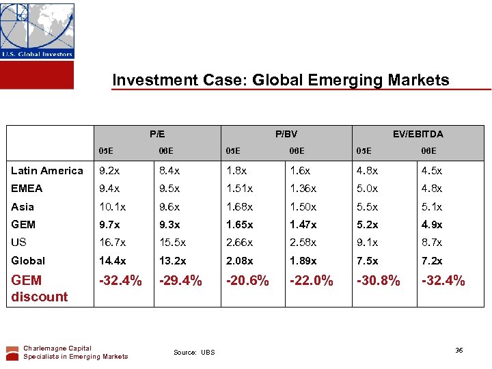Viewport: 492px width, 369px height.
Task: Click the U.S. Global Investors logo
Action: (x=37, y=31)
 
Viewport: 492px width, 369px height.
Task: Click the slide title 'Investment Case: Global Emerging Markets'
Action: (x=281, y=80)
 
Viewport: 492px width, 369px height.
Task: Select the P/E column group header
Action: (x=157, y=134)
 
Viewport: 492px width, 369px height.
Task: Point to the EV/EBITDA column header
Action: (x=418, y=134)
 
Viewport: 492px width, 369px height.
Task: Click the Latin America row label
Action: (x=47, y=171)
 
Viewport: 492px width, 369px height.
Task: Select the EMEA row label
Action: (x=27, y=189)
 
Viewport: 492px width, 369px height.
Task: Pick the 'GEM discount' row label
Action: (x=39, y=288)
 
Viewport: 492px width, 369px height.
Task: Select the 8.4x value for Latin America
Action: (x=170, y=171)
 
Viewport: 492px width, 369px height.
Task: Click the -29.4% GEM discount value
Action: (x=180, y=281)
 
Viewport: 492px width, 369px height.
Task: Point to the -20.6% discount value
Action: (x=248, y=281)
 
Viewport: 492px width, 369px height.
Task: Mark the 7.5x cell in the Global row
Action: (x=369, y=260)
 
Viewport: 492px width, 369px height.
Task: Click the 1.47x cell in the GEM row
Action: (x=303, y=224)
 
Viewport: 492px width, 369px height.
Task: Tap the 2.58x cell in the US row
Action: (x=303, y=243)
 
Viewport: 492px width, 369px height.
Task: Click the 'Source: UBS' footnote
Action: (x=194, y=353)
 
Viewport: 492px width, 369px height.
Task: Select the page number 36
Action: (x=459, y=350)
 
